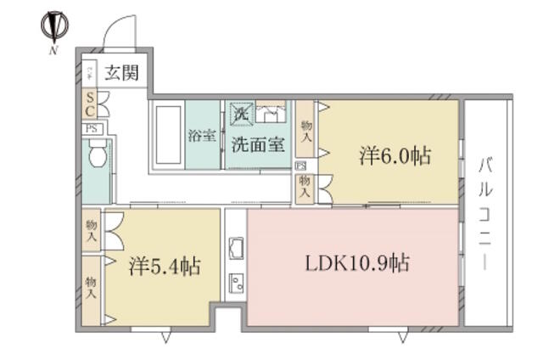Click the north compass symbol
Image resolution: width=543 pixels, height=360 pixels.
53,28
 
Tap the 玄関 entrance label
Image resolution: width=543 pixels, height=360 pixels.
122,74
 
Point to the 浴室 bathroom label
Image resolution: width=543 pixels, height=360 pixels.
201,136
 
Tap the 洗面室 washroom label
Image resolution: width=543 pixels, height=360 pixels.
258,143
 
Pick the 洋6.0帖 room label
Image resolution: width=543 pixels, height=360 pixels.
394,156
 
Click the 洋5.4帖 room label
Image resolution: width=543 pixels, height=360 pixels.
165,267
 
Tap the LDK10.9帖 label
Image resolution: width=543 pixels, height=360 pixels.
357,263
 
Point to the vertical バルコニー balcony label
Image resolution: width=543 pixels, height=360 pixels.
486,213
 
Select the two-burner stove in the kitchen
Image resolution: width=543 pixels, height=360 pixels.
236,283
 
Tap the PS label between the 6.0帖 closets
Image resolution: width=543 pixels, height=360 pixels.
300,166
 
